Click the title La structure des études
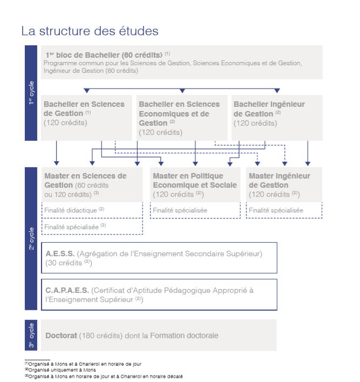coord(90,31)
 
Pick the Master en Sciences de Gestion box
coord(92,185)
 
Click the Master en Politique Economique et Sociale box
coord(194,185)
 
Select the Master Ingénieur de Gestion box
coord(284,185)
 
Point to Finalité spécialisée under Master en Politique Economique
coord(180,210)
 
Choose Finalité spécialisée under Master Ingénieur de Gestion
coord(276,210)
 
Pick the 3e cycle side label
coord(32,335)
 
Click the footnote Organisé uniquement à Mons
coord(60,370)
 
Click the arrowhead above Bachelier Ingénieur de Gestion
coord(277,91)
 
